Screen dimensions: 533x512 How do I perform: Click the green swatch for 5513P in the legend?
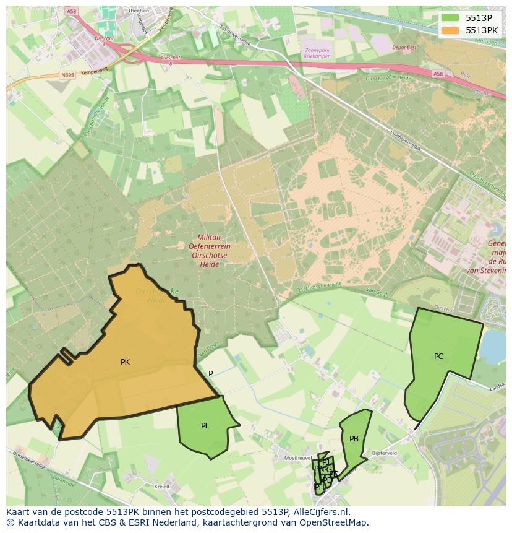coord(450,18)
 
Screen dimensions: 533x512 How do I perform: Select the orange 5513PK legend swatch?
coord(450,30)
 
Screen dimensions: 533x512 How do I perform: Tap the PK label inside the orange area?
coord(125,362)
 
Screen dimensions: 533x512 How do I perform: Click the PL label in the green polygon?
coord(205,426)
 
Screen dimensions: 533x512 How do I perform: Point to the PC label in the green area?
coord(438,357)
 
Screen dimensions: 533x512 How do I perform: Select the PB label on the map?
coord(354,439)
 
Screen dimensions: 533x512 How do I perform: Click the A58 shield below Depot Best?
coord(438,74)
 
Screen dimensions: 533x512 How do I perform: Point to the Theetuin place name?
coord(138,11)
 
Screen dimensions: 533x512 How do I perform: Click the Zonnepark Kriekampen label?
coord(317,53)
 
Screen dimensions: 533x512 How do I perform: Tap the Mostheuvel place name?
coord(297,457)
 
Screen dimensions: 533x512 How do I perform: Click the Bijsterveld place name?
coord(384,453)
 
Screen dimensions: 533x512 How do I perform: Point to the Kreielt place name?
coord(161,487)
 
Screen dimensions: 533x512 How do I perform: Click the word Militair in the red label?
coord(210,237)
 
